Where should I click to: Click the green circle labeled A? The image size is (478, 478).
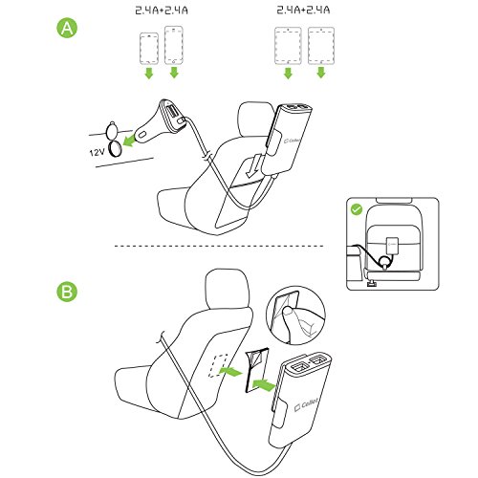[x=67, y=29]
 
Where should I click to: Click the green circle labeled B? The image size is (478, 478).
[x=67, y=292]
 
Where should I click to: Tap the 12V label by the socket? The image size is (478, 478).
[x=97, y=152]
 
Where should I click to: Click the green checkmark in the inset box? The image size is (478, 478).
[x=357, y=209]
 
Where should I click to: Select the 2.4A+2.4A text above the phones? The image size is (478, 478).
[x=162, y=11]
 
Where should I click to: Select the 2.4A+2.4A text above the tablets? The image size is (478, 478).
[x=303, y=10]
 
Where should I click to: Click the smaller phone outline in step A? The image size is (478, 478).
[x=149, y=49]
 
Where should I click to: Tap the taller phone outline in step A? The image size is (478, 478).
[x=174, y=45]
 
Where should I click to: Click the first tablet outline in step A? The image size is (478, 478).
[x=288, y=46]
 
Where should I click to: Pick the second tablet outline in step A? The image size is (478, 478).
[x=321, y=46]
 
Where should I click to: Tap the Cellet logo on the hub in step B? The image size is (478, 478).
[x=306, y=405]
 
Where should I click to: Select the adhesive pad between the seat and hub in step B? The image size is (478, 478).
[x=256, y=370]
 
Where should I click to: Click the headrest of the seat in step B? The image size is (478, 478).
[x=227, y=291]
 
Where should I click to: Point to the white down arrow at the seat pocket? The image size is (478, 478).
[x=254, y=165]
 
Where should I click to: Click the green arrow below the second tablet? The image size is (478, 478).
[x=321, y=73]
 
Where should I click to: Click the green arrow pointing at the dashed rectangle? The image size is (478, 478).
[x=230, y=371]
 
